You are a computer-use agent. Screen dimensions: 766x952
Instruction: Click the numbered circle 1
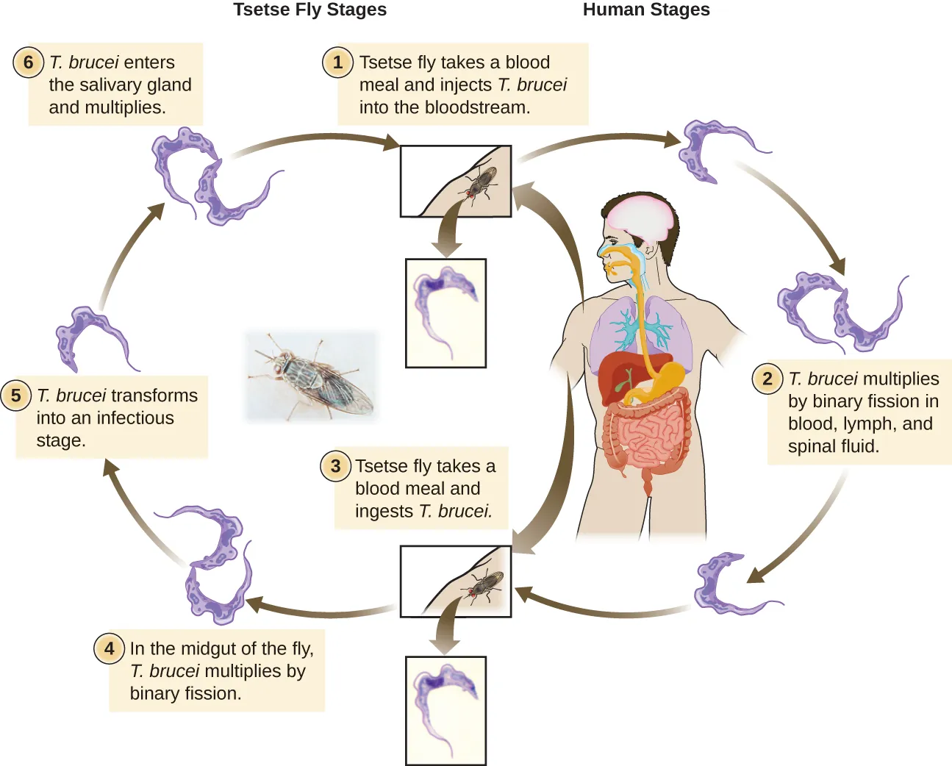click(337, 62)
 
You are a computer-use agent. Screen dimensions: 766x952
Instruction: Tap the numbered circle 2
click(767, 379)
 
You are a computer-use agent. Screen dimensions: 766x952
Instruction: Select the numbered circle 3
click(335, 466)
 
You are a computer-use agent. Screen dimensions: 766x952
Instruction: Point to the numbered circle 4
click(109, 648)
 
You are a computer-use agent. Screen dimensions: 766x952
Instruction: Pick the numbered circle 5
click(16, 395)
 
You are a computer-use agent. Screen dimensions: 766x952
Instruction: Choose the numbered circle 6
click(29, 62)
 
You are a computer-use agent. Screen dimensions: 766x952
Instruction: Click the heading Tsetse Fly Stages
click(309, 10)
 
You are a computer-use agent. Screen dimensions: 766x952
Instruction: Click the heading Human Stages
click(645, 10)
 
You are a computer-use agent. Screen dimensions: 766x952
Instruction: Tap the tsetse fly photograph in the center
click(312, 376)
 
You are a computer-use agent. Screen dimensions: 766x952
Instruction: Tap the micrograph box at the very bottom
click(445, 710)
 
